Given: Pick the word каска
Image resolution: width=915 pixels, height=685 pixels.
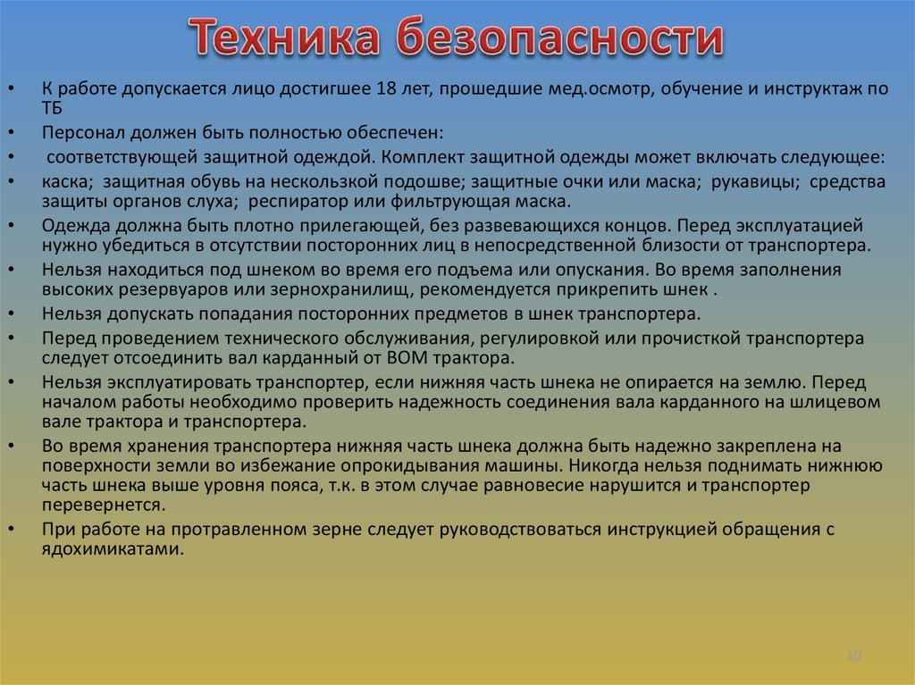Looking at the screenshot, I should coord(61,181).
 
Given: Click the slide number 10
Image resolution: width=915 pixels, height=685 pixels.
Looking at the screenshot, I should coord(853,656).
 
